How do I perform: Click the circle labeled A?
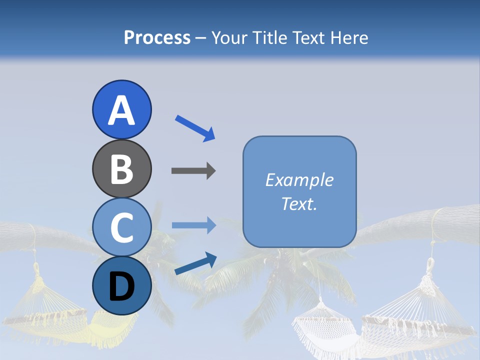[121, 109]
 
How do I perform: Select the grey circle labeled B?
[121, 168]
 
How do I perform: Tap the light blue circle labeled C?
[121, 227]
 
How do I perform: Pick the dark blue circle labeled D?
[121, 285]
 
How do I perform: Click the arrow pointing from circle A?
[195, 127]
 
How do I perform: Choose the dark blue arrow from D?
[195, 263]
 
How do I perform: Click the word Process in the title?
[157, 37]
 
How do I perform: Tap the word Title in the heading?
[269, 37]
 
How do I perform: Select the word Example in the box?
[299, 180]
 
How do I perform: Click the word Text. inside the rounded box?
[299, 204]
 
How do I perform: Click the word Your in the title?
[230, 37]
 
